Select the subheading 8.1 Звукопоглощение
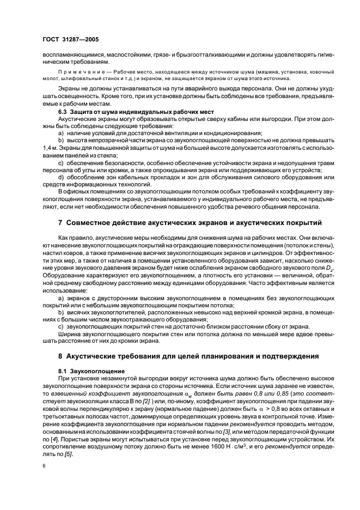click(x=88, y=370)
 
